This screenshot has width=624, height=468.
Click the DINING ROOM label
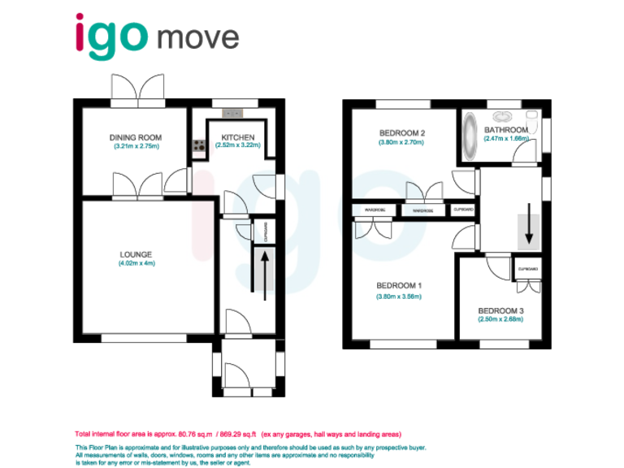tap(135, 138)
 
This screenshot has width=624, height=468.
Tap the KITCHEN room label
tap(236, 137)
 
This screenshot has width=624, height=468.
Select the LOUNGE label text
tap(136, 254)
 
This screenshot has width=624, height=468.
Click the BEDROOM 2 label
tap(401, 133)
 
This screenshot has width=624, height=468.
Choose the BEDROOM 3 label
tap(500, 310)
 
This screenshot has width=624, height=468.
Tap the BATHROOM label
tap(506, 130)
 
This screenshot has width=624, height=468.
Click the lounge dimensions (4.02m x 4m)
tap(136, 263)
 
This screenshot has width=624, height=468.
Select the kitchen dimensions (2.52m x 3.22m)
tap(236, 145)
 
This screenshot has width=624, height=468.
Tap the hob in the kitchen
tap(197, 146)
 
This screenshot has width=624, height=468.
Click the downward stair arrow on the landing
tap(529, 223)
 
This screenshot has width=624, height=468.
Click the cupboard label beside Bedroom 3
tap(528, 268)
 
